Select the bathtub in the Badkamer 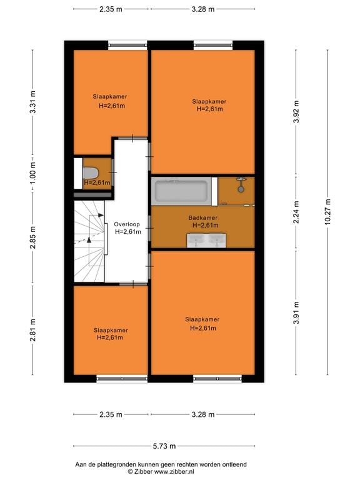tap(181, 191)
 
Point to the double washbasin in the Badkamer tap(208, 240)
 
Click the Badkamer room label tap(202, 218)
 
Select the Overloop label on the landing tap(127, 224)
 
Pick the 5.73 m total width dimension tap(164, 446)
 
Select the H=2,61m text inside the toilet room tap(97, 182)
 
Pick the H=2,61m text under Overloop tap(127, 231)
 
